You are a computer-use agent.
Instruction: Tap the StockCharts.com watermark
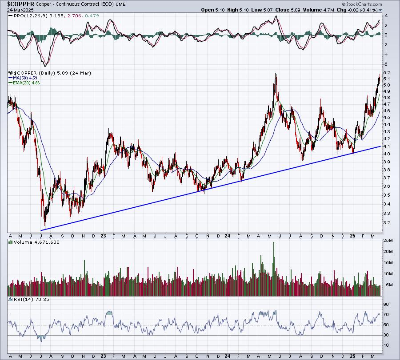(x=362, y=4)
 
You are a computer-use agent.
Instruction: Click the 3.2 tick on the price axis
(x=386, y=222)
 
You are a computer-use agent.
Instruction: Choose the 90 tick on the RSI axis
(x=386, y=305)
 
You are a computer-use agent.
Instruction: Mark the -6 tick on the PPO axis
(x=386, y=64)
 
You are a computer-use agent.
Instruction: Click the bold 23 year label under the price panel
(x=103, y=236)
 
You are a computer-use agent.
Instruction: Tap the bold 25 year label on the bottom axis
(x=352, y=356)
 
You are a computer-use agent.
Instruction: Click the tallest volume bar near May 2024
(x=274, y=269)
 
